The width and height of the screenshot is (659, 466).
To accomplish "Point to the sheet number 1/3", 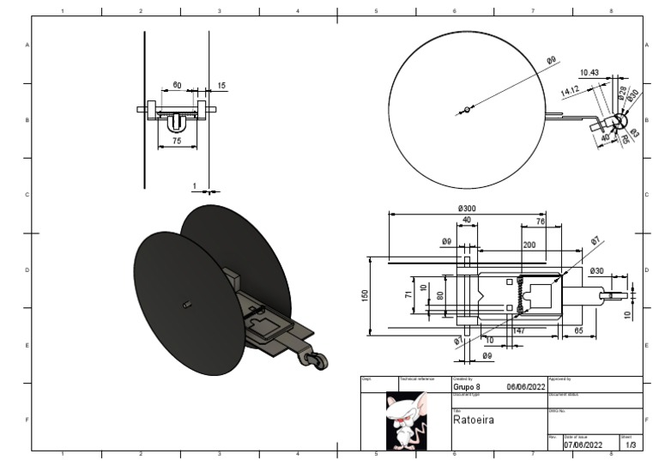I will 631,445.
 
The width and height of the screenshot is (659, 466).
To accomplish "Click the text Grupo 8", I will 466,387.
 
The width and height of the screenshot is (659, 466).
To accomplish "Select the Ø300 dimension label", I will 468,209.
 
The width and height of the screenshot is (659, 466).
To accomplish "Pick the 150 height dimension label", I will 365,295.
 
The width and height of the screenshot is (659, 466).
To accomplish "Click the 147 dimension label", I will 518,330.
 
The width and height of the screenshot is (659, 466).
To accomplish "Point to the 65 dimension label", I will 578,330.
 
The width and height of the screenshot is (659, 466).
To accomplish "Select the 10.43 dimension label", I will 589,72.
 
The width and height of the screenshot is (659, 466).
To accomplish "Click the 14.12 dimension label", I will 571,89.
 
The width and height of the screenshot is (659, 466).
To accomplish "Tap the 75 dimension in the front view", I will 177,139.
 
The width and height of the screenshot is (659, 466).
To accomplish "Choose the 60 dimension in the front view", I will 177,85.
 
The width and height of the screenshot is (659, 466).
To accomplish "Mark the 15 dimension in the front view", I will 222,85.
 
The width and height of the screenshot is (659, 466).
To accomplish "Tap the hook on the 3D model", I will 313,359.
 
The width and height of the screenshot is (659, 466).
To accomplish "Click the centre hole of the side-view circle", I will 466,109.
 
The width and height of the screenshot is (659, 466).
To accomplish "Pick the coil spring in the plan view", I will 519,295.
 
